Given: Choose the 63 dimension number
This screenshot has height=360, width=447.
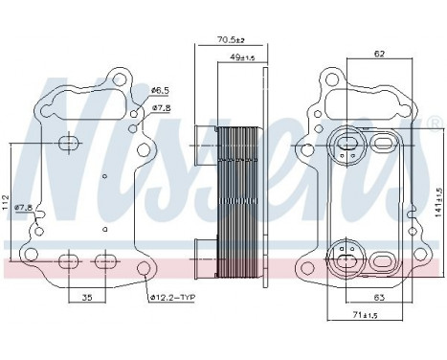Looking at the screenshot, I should tap(379, 299).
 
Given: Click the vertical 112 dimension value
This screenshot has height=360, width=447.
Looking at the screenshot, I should tap(7, 201).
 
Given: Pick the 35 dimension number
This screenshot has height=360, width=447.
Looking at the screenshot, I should tap(86, 299).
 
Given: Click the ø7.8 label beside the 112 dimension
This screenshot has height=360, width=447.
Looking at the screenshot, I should tap(23, 207).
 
